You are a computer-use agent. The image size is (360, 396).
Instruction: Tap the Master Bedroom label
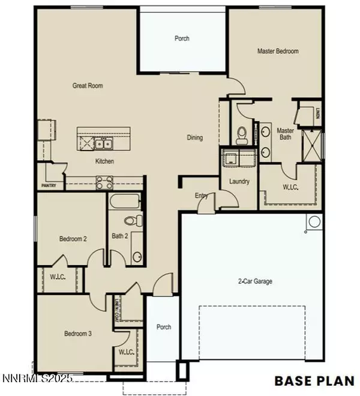[278, 52]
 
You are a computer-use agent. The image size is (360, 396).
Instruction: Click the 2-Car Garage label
[253, 280]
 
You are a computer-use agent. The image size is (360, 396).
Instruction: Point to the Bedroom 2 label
[73, 239]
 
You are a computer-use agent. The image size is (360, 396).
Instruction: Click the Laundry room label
[239, 181]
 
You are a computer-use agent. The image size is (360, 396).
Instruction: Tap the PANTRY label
[49, 186]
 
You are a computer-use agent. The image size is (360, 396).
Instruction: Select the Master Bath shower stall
[311, 141]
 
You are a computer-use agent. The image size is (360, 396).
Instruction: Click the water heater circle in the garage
[314, 223]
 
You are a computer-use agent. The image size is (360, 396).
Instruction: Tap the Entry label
[200, 196]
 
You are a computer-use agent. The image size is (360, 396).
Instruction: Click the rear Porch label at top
[182, 39]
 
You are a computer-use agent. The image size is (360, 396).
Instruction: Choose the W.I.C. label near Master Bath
[291, 187]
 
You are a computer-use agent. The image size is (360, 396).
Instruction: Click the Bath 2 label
[121, 236]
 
